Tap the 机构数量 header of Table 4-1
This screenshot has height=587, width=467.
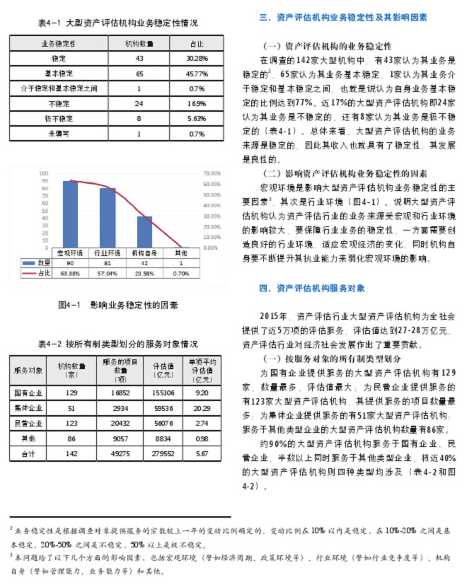pos(139,43)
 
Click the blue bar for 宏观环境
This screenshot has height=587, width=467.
pos(70,213)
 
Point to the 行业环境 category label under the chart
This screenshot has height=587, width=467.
pos(106,252)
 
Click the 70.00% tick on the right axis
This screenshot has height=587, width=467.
pos(212,173)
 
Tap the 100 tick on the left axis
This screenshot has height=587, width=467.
pos(44,173)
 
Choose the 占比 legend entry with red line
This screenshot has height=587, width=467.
pos(35,272)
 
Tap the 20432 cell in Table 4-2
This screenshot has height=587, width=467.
pos(122,423)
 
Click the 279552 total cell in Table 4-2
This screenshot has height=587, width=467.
pos(165,453)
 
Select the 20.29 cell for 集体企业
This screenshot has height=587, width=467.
pos(202,407)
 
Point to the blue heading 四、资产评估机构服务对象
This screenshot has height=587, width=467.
pos(312,288)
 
